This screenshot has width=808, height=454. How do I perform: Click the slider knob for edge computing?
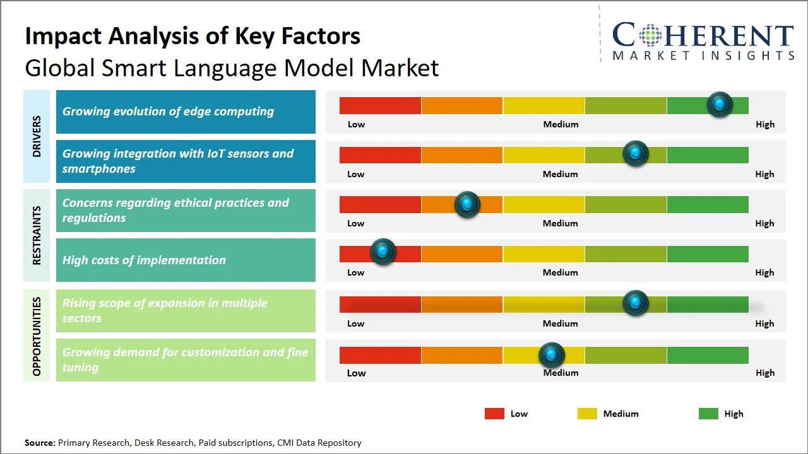coord(720,105)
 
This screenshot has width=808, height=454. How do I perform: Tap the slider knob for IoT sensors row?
coord(636,153)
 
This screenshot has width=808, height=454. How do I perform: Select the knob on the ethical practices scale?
coord(467,204)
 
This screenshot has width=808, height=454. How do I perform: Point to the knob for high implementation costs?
coord(383,252)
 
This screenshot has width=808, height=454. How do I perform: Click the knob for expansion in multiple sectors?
coord(636,303)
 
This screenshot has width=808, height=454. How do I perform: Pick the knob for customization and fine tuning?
coord(552,355)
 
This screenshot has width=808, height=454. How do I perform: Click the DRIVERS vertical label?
coord(37,136)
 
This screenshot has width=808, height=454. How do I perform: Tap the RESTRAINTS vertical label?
coord(37,235)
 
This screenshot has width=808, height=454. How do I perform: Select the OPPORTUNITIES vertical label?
coord(37,336)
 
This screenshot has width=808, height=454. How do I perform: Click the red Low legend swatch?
coord(494,414)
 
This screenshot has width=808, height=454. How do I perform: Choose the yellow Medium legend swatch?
coord(587,414)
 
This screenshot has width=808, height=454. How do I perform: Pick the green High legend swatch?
coord(708,414)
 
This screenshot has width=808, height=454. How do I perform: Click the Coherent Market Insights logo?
coord(703,41)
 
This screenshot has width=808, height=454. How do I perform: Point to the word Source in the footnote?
coord(40,443)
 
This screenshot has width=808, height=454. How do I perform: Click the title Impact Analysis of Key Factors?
coord(193,37)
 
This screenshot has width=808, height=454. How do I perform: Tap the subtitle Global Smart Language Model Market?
coord(232,67)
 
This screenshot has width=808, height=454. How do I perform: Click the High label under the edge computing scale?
coord(764,124)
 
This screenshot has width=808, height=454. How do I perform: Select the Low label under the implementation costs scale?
coord(356,272)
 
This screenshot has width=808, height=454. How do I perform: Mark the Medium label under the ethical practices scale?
coord(560,223)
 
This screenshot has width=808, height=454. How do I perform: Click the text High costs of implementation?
coord(144,260)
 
